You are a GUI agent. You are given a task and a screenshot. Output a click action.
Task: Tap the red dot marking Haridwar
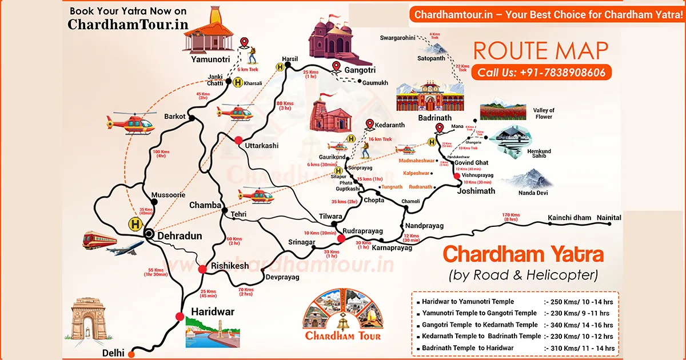tap(180, 317)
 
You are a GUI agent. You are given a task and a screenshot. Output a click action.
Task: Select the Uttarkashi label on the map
tap(261, 146)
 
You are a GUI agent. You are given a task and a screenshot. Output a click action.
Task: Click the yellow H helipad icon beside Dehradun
tap(135, 224)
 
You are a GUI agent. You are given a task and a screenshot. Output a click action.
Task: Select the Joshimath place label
tap(476, 191)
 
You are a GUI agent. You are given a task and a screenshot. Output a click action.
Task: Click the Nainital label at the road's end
tap(609, 218)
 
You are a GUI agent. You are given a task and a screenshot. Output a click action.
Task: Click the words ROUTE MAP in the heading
tap(540, 50)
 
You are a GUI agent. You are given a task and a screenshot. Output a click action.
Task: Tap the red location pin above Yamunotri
tap(245, 43)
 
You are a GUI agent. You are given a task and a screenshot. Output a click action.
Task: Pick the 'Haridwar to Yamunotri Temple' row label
tap(468, 301)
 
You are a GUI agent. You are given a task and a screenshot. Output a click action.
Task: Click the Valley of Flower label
tap(544, 113)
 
